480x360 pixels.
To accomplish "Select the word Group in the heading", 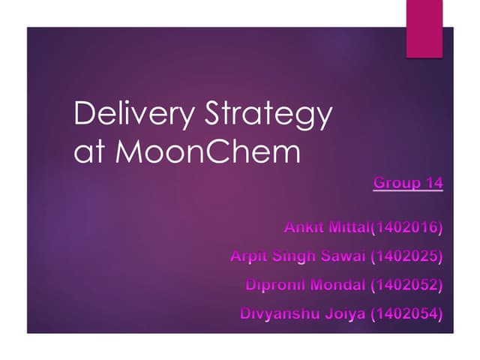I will [395, 183].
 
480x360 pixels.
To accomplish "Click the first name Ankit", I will [304, 226].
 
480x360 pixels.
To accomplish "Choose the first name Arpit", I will [250, 256].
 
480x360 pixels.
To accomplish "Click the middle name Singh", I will [296, 256].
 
